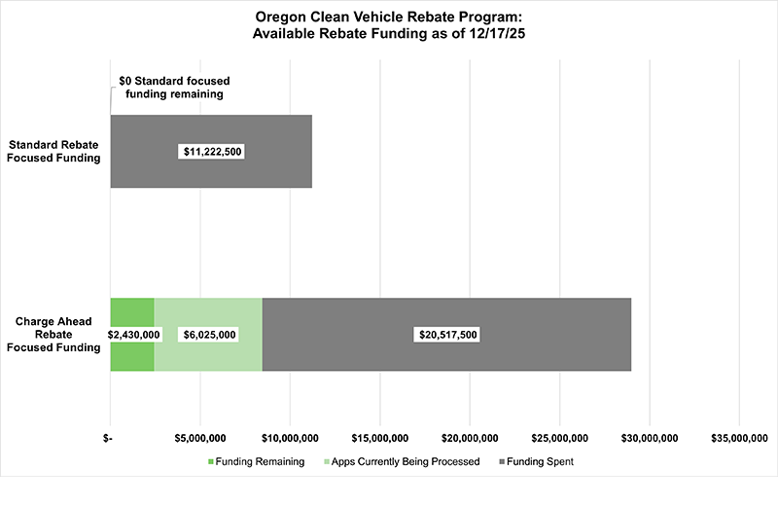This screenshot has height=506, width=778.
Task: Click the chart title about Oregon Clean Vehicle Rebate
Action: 389,25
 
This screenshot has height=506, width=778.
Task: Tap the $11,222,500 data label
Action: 211,152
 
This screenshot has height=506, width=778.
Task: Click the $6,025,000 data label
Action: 208,334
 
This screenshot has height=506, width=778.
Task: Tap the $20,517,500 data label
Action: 447,334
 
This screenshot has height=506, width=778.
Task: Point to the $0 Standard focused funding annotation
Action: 174,88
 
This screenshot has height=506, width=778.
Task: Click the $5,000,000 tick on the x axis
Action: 199,438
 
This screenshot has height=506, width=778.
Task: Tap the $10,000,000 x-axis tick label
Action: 289,438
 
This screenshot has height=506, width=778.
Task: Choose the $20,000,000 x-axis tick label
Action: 469,438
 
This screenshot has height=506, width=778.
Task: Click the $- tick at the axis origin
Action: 110,438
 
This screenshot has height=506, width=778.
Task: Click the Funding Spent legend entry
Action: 535,461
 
